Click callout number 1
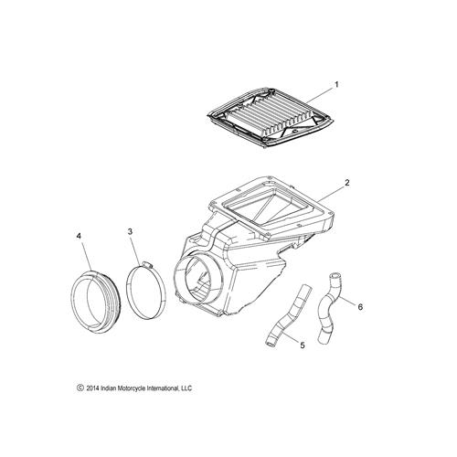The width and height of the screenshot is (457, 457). pyautogui.click(x=336, y=84)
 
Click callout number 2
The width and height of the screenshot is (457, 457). pyautogui.click(x=346, y=183)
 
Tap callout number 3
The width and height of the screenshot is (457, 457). pyautogui.click(x=130, y=231)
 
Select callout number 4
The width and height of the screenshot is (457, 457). pyautogui.click(x=79, y=236)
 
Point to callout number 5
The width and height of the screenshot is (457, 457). pyautogui.click(x=303, y=345)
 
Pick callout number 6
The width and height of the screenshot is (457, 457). pyautogui.click(x=360, y=307)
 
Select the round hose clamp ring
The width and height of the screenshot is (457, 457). pyautogui.click(x=127, y=292)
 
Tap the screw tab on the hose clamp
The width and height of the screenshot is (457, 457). pyautogui.click(x=147, y=265)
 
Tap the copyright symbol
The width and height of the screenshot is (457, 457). pyautogui.click(x=80, y=388)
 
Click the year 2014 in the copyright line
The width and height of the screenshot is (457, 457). pyautogui.click(x=92, y=388)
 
